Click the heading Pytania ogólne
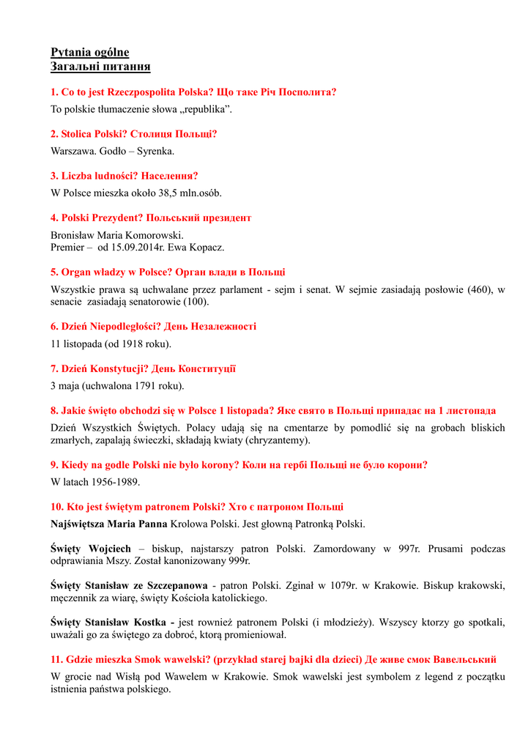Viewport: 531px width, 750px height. point(89,52)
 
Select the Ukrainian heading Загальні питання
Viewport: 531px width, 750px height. point(100,67)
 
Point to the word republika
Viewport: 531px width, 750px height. point(208,109)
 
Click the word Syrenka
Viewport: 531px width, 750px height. point(155,151)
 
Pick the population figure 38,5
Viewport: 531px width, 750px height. point(169,193)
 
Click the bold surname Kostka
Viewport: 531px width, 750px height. point(150,622)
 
